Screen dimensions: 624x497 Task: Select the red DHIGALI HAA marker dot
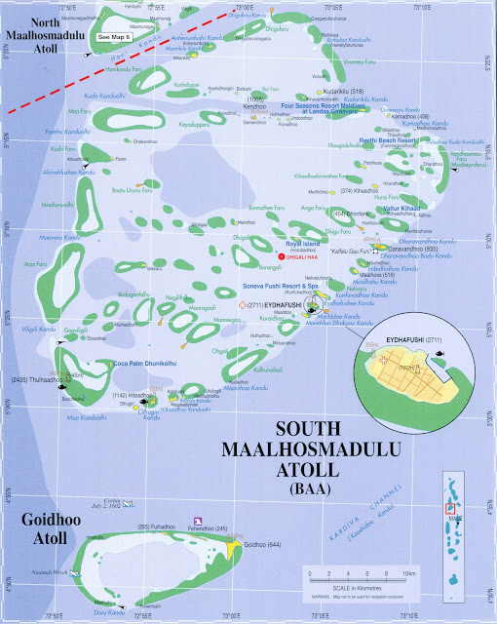coord(281,256)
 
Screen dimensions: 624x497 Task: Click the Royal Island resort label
coord(298,246)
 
